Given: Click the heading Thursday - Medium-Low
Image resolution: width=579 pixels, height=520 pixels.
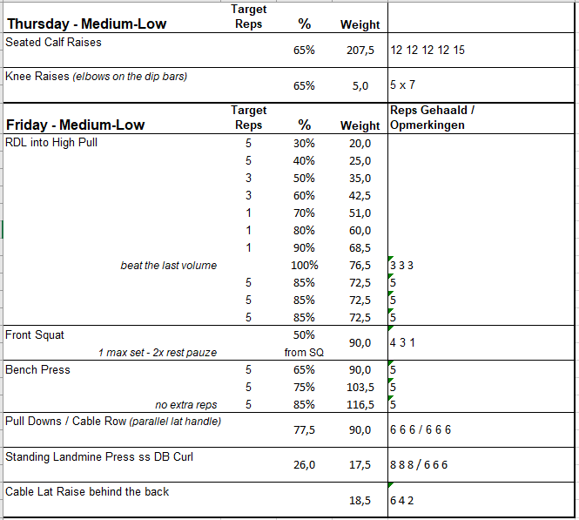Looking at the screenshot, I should [x=86, y=24].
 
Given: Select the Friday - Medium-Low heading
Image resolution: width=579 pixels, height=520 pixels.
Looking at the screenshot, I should [x=75, y=125].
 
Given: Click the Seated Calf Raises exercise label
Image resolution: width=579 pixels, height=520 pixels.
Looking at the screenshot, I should [x=54, y=42].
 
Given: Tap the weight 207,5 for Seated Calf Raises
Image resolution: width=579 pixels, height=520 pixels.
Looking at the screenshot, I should [x=359, y=51].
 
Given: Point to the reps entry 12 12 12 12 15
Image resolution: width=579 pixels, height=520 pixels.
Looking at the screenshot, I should [x=428, y=51].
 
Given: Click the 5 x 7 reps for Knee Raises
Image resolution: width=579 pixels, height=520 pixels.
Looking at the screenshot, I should [x=403, y=85].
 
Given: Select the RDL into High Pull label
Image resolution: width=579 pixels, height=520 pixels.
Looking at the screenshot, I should [x=51, y=143].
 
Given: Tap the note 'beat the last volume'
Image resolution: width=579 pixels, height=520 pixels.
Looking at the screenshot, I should [x=168, y=265].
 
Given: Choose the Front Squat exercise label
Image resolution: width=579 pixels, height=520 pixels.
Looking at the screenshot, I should [x=35, y=334].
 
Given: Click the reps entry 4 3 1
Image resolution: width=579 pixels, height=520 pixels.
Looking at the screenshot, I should [x=402, y=343].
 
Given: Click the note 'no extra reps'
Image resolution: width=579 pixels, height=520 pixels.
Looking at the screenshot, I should [x=185, y=404].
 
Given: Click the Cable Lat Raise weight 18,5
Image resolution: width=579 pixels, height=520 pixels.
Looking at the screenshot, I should [x=360, y=500].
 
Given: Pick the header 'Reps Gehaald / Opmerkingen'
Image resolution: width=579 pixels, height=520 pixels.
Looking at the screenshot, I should [x=432, y=118].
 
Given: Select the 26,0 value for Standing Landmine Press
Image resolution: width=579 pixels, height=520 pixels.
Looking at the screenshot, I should [x=304, y=465].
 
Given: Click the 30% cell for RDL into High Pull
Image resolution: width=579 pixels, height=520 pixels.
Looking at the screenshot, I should [x=304, y=143].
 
